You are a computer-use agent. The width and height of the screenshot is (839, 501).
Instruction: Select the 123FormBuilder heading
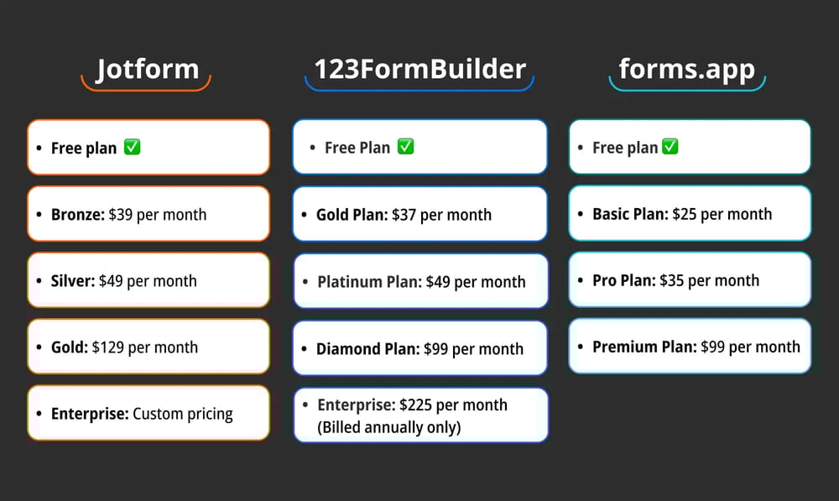tap(419, 69)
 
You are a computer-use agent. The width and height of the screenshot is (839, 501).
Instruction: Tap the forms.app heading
tap(686, 69)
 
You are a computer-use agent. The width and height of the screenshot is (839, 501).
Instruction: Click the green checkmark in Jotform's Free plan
tap(132, 148)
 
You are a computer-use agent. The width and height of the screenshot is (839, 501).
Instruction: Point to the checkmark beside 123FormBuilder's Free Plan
tap(405, 148)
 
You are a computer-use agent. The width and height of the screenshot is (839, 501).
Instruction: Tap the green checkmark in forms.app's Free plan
tap(670, 148)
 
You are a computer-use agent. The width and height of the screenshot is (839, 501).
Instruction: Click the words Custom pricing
tap(183, 414)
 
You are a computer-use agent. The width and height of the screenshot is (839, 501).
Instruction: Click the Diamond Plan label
tap(367, 348)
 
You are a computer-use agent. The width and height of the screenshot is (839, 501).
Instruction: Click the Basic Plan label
tap(629, 214)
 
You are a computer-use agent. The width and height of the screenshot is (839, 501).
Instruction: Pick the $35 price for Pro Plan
tap(672, 280)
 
